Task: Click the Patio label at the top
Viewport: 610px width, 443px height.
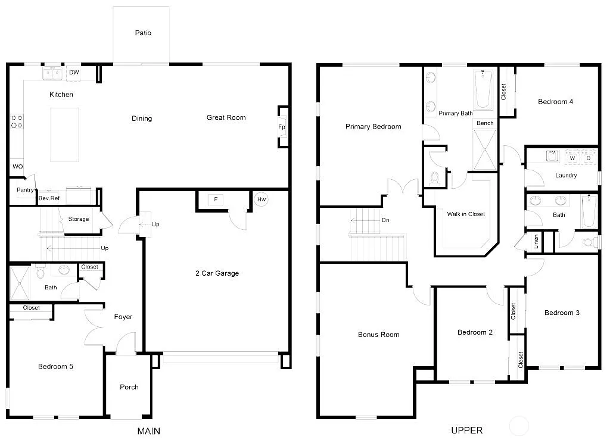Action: pyautogui.click(x=142, y=33)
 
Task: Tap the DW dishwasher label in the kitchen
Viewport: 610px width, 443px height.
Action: pyautogui.click(x=74, y=73)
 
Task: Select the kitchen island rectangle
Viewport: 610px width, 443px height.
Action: pyautogui.click(x=64, y=134)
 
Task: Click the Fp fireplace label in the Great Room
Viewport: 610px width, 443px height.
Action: pyautogui.click(x=281, y=127)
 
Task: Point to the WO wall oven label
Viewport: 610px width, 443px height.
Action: pyautogui.click(x=17, y=167)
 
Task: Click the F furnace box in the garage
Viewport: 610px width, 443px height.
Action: pyautogui.click(x=216, y=199)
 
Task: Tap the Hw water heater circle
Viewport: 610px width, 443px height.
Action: pyautogui.click(x=261, y=199)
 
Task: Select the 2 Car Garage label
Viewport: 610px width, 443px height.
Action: pyautogui.click(x=217, y=273)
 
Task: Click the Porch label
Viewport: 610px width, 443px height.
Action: pyautogui.click(x=129, y=387)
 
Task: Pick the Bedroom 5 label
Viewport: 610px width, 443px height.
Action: pyautogui.click(x=55, y=366)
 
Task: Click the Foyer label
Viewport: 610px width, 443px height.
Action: pyautogui.click(x=123, y=317)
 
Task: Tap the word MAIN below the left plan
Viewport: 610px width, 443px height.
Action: pyautogui.click(x=148, y=430)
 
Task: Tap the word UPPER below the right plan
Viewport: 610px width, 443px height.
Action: pyautogui.click(x=466, y=430)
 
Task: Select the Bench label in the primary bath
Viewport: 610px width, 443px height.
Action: pyautogui.click(x=485, y=123)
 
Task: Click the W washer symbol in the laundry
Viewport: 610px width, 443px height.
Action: pyautogui.click(x=572, y=158)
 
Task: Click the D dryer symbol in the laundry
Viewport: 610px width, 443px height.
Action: pyautogui.click(x=588, y=158)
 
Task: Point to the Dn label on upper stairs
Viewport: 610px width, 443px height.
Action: pyautogui.click(x=385, y=220)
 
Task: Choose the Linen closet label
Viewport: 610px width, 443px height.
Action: pyautogui.click(x=536, y=241)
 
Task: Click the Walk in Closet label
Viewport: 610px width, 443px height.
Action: pyautogui.click(x=466, y=214)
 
